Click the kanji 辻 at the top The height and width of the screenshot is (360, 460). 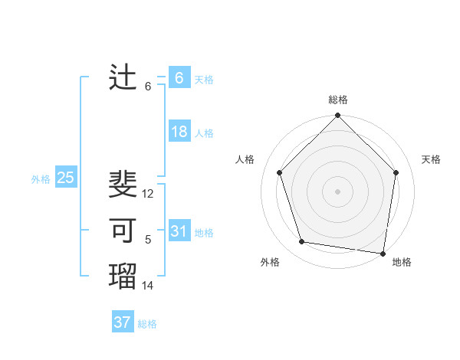123,78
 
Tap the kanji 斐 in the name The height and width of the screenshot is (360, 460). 123,185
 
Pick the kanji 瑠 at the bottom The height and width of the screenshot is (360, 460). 123,275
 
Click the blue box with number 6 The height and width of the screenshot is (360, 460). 179,78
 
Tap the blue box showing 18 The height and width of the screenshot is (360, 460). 179,132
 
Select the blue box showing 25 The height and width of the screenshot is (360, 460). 65,178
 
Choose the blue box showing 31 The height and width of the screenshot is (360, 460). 179,231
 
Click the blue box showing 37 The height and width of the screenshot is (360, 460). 122,322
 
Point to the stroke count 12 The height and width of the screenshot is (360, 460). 148,195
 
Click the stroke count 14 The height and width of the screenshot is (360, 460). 148,286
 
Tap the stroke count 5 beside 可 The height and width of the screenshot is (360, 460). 148,240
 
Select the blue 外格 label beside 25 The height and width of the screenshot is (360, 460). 41,179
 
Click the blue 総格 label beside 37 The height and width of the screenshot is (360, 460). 147,324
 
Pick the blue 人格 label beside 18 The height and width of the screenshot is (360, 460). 204,133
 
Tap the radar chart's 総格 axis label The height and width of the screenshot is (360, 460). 337,100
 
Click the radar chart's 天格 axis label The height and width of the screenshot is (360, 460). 431,159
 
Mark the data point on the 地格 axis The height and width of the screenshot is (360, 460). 383,253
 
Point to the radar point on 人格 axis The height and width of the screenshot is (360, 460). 280,172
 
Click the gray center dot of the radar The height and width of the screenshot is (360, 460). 337,191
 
